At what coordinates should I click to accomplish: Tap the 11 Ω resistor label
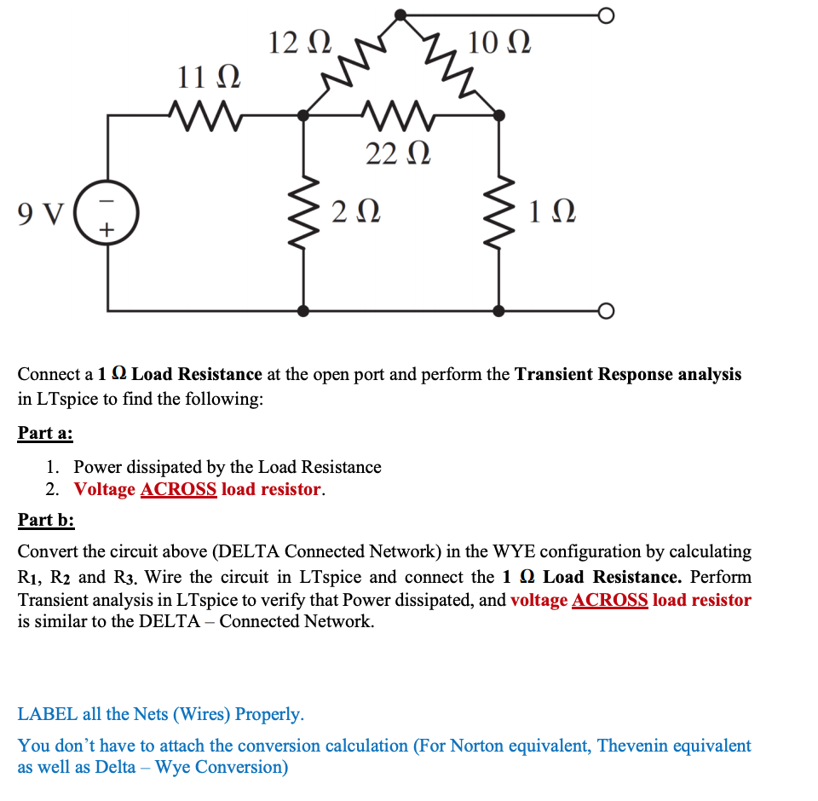click(x=208, y=78)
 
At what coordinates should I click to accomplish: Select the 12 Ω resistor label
click(x=298, y=41)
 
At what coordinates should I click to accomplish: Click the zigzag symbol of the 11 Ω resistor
click(x=207, y=112)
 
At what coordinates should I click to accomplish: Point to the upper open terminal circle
click(x=606, y=15)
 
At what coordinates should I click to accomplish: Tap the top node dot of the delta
click(x=400, y=15)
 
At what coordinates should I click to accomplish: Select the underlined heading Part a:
click(x=45, y=433)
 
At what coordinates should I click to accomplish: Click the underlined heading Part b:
click(x=46, y=520)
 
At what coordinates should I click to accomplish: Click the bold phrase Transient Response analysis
click(x=628, y=374)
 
